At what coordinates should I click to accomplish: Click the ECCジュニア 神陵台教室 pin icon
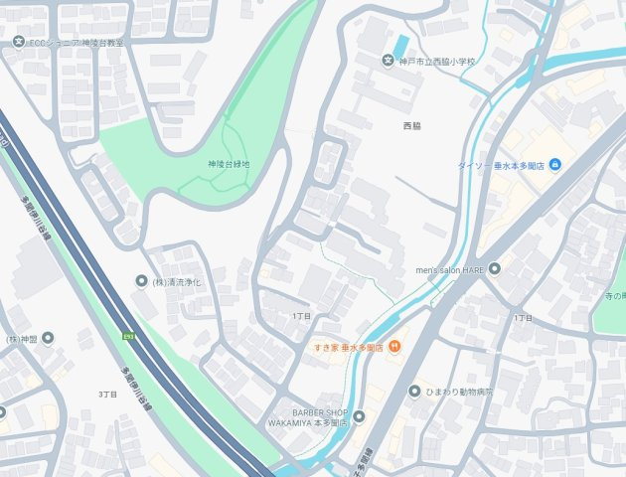[x=20, y=42]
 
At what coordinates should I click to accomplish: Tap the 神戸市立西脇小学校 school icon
[x=389, y=62]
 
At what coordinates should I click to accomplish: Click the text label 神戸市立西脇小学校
[x=437, y=62]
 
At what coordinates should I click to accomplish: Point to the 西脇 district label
[x=411, y=126]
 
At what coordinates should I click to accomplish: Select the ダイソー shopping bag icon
[x=554, y=164]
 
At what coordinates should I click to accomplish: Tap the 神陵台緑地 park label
[x=229, y=164]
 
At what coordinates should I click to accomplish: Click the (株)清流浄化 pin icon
[x=141, y=282]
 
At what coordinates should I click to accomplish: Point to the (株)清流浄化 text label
[x=178, y=282]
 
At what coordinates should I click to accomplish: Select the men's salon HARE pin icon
[x=494, y=268]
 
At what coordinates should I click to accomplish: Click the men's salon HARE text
[x=449, y=269]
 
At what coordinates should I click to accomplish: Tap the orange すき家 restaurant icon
[x=394, y=346]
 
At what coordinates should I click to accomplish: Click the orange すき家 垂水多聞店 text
[x=348, y=347]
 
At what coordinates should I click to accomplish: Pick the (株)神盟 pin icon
[x=47, y=339]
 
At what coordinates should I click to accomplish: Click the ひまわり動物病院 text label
[x=460, y=393]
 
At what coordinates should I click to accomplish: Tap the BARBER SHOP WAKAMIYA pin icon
[x=359, y=416]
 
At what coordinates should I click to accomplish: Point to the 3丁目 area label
[x=108, y=395]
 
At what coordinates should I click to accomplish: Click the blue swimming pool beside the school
[x=400, y=46]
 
